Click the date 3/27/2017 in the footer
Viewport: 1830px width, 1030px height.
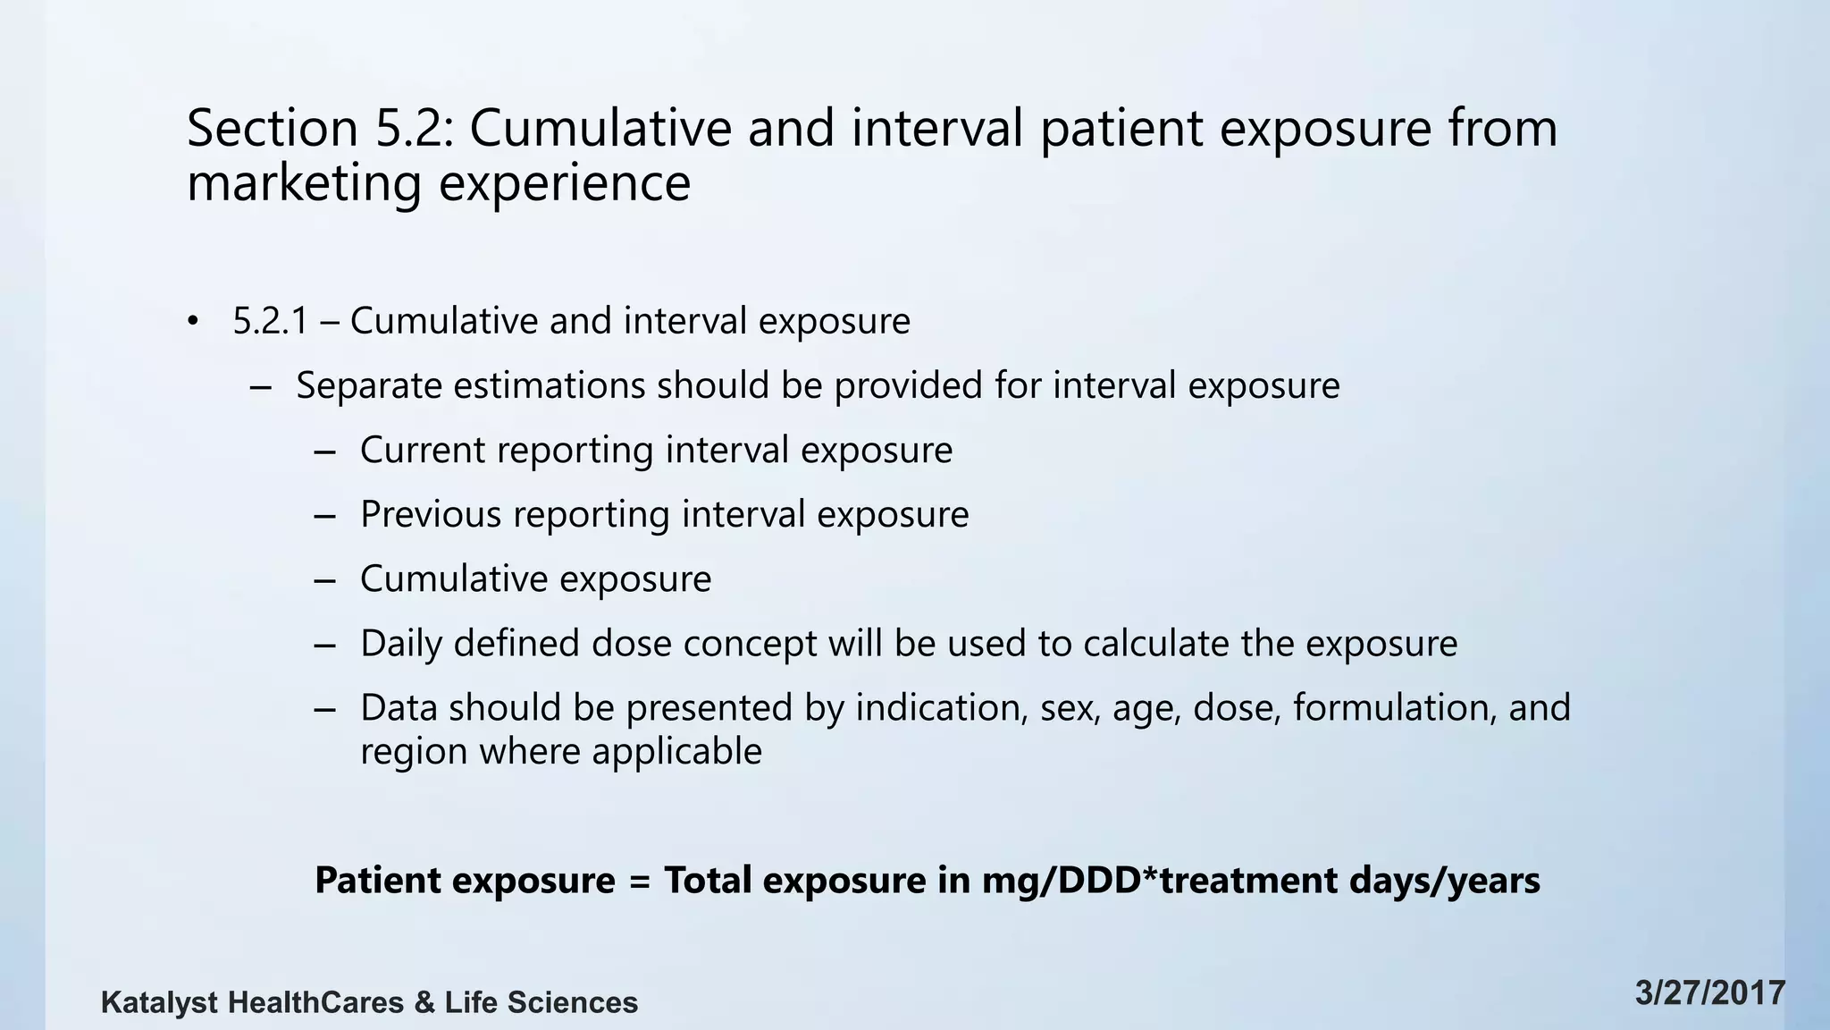[x=1709, y=993]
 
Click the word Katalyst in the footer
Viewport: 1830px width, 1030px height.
[x=158, y=1003]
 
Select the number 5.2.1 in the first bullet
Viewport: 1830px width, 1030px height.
[x=270, y=321]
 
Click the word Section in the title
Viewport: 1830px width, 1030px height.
[x=273, y=128]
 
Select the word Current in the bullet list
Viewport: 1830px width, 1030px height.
[x=423, y=450]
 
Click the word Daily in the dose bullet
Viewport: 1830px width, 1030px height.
[x=400, y=644]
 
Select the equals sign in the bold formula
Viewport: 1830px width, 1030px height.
[x=639, y=881]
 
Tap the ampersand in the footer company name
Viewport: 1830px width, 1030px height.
[x=424, y=1003]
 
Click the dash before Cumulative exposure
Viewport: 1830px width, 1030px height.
[x=325, y=580]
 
